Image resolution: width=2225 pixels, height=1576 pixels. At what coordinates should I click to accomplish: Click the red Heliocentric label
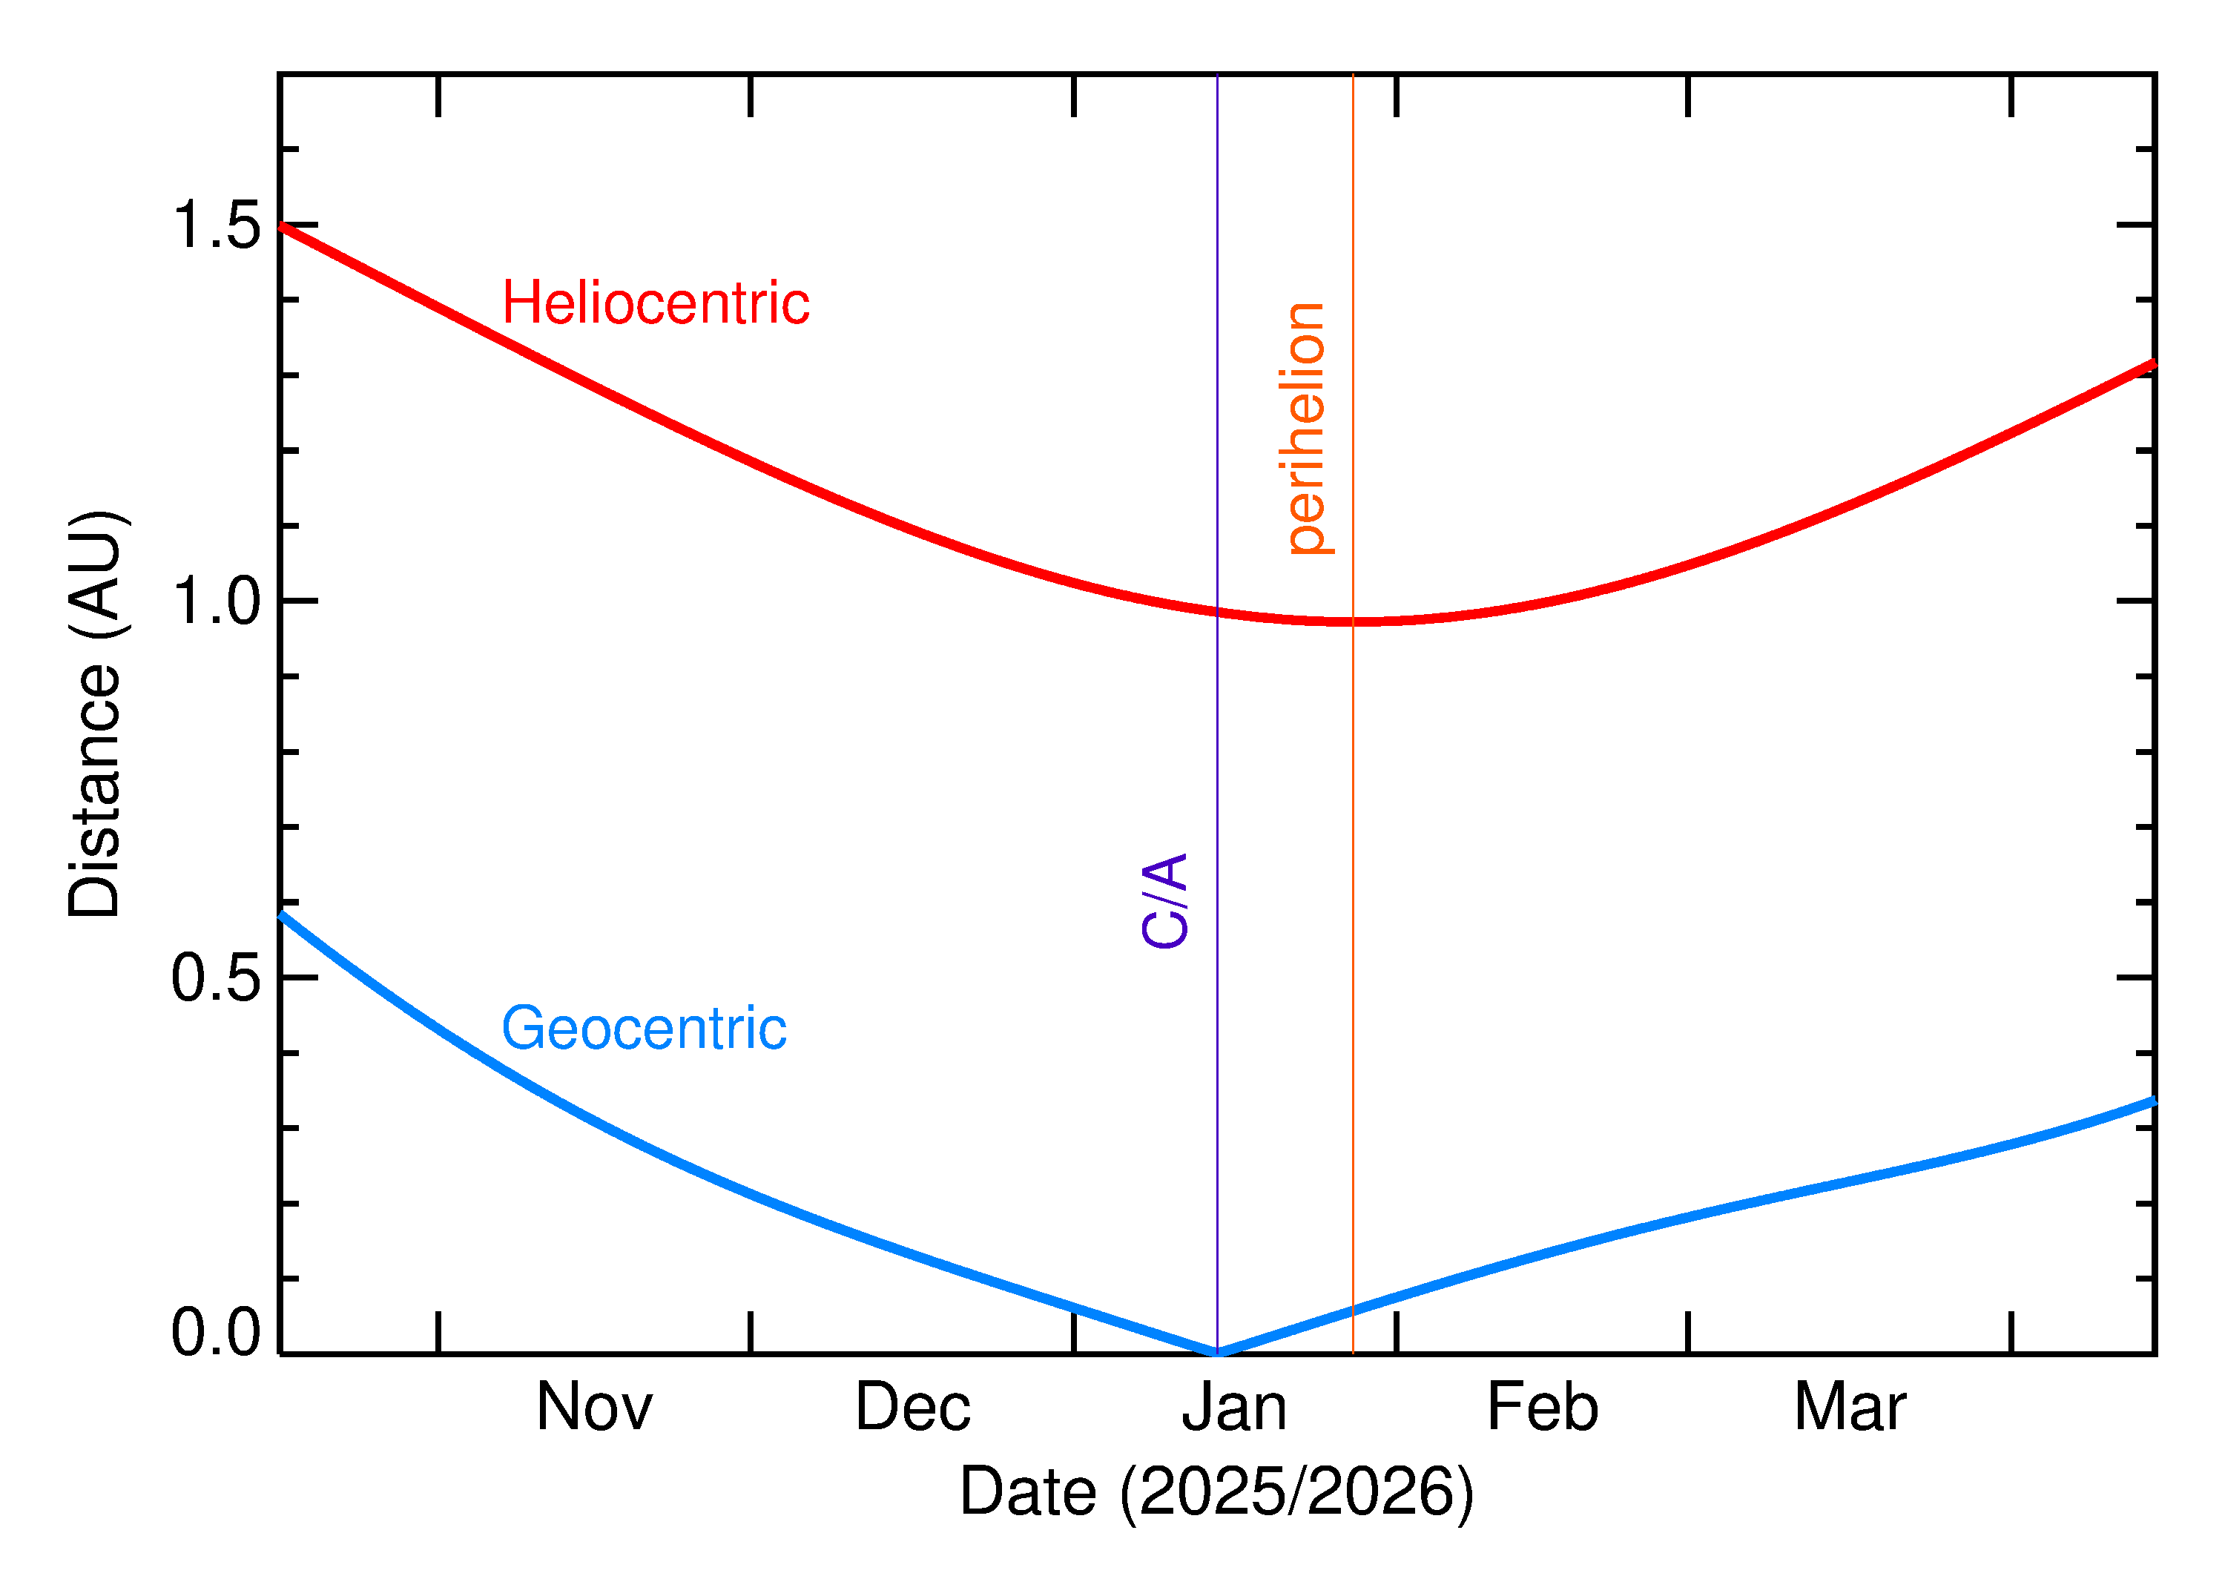pos(656,304)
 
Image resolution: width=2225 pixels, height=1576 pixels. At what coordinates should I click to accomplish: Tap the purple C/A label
pos(1165,900)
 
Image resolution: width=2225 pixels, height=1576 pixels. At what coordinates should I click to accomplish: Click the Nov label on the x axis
pos(594,1408)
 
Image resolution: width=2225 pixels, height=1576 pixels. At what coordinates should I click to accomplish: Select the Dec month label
pos(912,1408)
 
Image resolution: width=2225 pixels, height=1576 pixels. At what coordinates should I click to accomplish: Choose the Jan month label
pos(1234,1408)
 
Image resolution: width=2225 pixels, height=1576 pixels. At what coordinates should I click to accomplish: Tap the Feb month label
pos(1542,1408)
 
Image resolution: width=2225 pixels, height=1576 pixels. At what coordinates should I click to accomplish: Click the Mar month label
pos(1850,1408)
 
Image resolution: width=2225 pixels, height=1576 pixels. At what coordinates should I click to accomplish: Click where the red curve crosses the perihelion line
pos(1353,621)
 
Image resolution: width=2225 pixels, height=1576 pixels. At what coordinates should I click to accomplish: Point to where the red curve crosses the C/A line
pos(1217,611)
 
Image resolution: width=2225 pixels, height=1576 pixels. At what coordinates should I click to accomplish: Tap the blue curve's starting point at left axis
pos(281,914)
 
